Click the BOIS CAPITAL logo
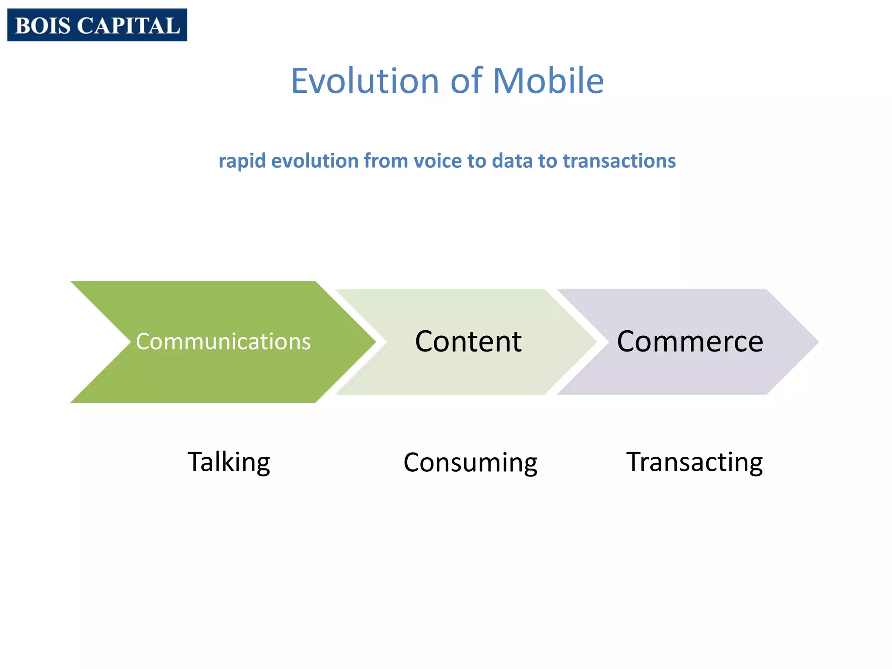coord(97,25)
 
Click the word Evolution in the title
coord(365,81)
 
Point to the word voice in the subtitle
coord(438,161)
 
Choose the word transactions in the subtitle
coord(619,161)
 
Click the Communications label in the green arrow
coord(223,341)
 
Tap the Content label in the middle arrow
coord(468,341)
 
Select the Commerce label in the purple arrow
coord(690,341)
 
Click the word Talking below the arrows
coord(229,463)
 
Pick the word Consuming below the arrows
coord(470,463)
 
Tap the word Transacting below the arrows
coord(694,463)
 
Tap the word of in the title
coord(466,81)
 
